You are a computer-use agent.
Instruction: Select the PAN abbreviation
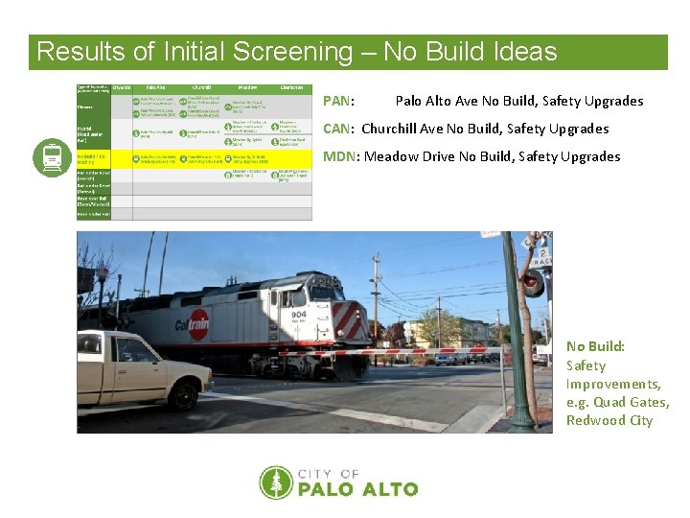[338, 101]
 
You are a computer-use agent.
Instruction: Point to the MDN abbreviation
[340, 156]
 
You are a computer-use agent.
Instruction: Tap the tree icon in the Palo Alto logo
[276, 483]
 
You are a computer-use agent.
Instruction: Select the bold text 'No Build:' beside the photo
[595, 346]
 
